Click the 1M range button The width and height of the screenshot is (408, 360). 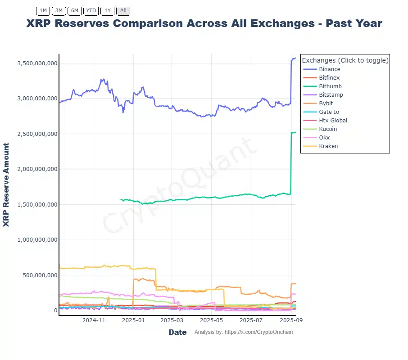pos(43,10)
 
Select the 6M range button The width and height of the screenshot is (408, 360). pos(75,10)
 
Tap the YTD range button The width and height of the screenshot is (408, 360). pos(91,10)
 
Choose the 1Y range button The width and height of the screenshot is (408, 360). pos(107,10)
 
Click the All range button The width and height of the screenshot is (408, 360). pos(123,10)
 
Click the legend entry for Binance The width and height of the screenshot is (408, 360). pos(329,69)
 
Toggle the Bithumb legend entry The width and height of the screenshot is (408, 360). pos(330,86)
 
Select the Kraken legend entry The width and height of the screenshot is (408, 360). pos(328,146)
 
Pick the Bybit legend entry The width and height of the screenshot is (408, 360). pos(326,103)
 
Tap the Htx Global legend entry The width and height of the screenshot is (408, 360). pos(333,121)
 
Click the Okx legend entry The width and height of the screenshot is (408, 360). pos(324,138)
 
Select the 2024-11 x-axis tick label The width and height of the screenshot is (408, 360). pos(94,320)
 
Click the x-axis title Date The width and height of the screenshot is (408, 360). pos(177,332)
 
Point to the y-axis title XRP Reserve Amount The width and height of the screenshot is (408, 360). pos(6,185)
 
